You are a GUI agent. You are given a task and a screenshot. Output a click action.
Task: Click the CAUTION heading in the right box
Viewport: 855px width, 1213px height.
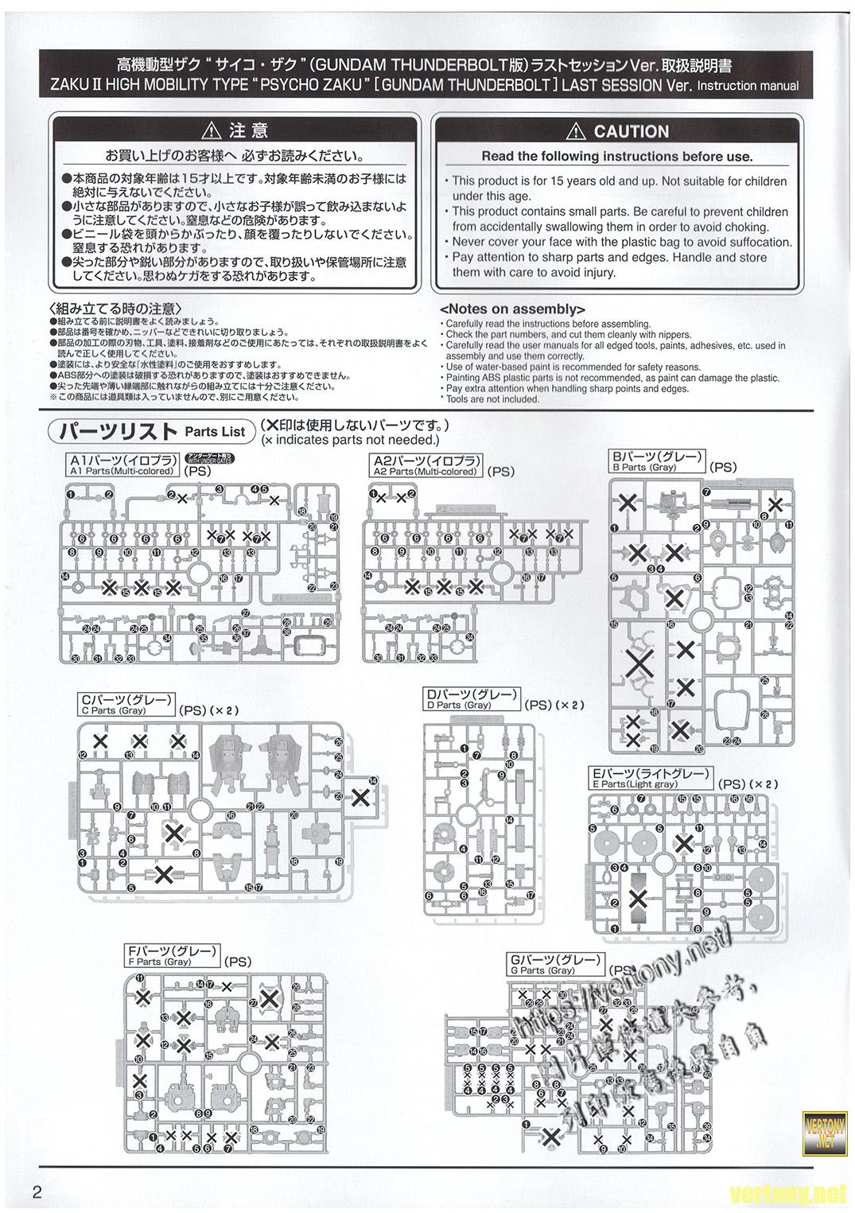[631, 132]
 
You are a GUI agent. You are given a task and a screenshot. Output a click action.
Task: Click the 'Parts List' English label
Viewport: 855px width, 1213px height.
[216, 431]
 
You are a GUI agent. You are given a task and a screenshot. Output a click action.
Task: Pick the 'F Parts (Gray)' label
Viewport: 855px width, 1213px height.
[159, 962]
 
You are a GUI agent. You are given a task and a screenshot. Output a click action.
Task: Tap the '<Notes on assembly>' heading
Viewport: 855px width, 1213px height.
[512, 309]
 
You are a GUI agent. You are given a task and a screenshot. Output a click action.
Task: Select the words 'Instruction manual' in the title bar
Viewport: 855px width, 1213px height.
[748, 86]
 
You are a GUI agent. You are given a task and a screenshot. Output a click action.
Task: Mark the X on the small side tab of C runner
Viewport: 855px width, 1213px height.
[360, 796]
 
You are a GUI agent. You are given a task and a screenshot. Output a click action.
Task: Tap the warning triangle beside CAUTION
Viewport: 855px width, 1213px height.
[579, 132]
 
